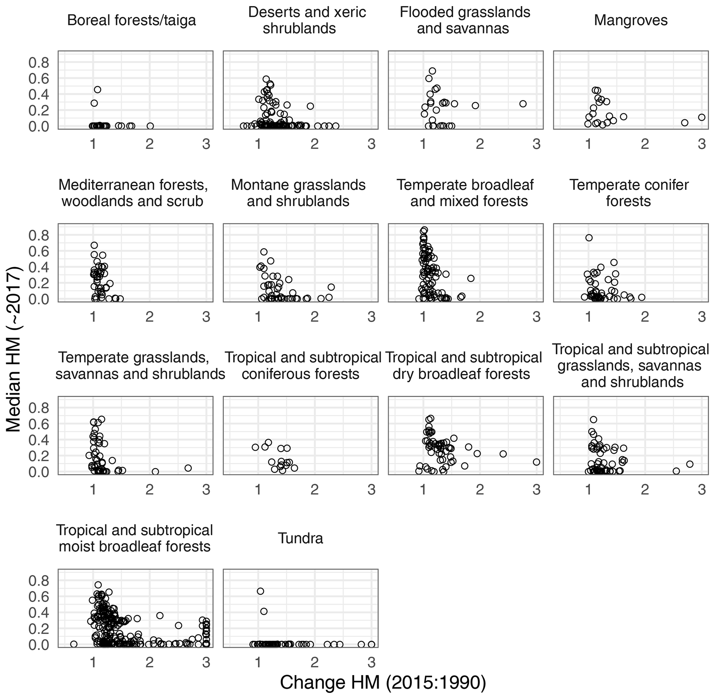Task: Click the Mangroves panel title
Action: click(631, 20)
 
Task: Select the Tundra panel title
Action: click(300, 539)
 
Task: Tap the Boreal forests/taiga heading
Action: click(132, 20)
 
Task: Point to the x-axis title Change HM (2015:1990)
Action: click(383, 682)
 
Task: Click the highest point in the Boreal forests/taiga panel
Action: click(97, 90)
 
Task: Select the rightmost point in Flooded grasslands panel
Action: click(523, 104)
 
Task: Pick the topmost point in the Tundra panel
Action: click(260, 591)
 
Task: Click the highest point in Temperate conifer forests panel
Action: click(589, 238)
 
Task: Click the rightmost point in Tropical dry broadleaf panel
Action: click(537, 462)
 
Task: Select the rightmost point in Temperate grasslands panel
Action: click(188, 468)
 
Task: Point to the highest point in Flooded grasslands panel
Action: click(432, 71)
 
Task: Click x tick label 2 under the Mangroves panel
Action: click(644, 144)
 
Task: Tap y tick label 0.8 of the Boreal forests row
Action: click(38, 63)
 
